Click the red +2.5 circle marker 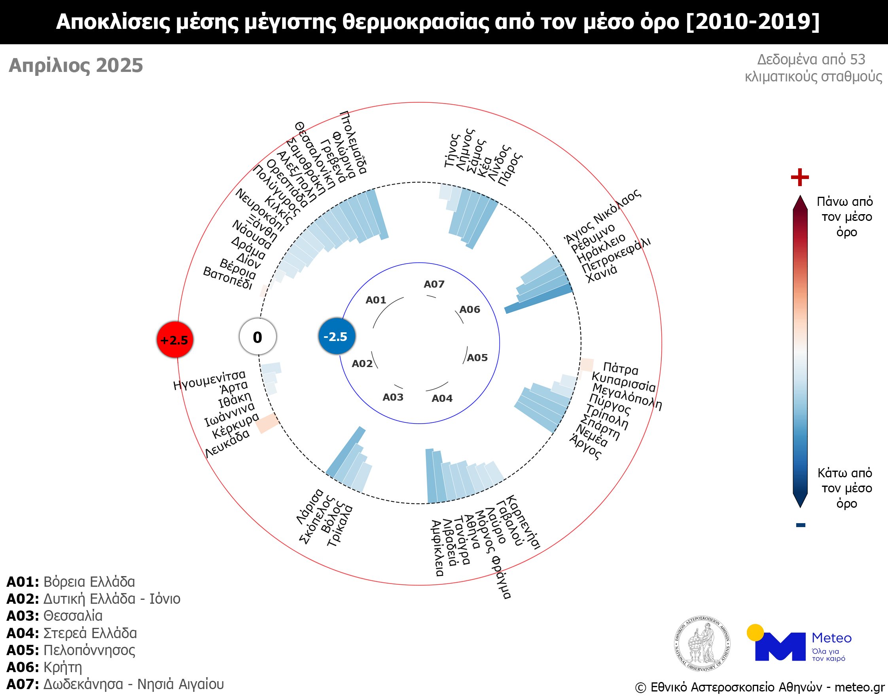[175, 339]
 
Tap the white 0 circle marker [258, 337]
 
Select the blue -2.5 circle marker [337, 336]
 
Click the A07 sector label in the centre [434, 284]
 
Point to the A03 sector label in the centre [393, 397]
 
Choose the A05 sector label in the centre [477, 358]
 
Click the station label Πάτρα [621, 369]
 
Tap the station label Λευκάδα [227, 443]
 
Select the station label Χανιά [601, 273]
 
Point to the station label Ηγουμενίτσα [210, 379]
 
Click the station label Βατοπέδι [228, 278]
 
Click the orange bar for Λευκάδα [267, 423]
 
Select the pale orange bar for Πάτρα [587, 365]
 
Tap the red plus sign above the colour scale [800, 177]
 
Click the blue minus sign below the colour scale [801, 525]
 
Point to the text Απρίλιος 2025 [76, 65]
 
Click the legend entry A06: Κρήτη [44, 667]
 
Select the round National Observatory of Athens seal [702, 644]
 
